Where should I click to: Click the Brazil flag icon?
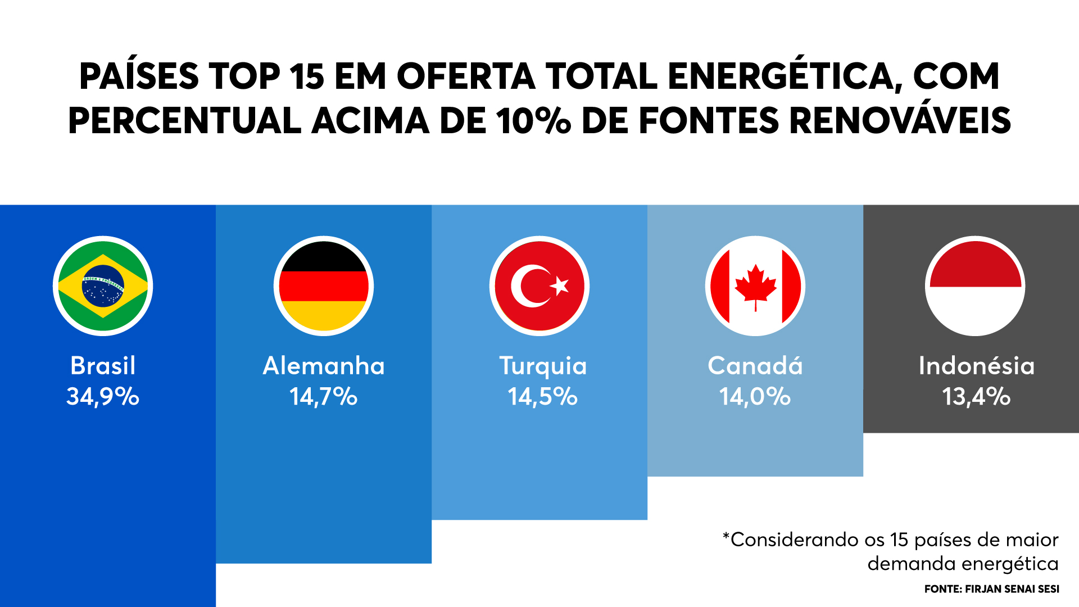click(x=103, y=286)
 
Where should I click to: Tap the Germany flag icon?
click(x=324, y=286)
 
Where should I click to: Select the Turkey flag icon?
click(x=539, y=286)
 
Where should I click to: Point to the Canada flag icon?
click(x=755, y=286)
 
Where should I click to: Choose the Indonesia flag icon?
click(x=975, y=286)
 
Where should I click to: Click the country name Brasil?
click(x=103, y=366)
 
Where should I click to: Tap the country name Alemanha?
click(x=324, y=366)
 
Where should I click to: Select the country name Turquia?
click(x=543, y=366)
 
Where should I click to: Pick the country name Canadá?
click(x=755, y=366)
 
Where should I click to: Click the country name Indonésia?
click(x=976, y=366)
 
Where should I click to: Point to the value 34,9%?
click(x=103, y=397)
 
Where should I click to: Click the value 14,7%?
click(x=324, y=397)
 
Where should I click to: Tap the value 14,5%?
click(x=542, y=397)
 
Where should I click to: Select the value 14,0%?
click(x=755, y=397)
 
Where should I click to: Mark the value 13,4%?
click(x=976, y=397)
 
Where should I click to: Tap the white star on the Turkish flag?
click(x=560, y=286)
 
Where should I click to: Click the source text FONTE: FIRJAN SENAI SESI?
click(x=991, y=589)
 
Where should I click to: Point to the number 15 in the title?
click(x=307, y=76)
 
